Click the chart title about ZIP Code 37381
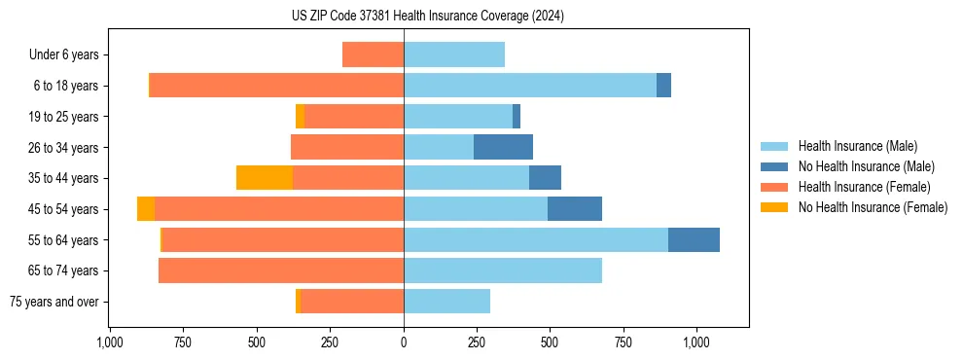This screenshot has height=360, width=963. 427,16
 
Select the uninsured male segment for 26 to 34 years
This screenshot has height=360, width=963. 503,147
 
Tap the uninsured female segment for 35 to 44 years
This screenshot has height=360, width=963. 265,178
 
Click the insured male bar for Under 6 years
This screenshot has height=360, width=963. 454,54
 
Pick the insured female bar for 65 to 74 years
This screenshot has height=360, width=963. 281,270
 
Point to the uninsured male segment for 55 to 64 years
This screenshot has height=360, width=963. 694,239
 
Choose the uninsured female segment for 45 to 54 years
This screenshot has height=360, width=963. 146,209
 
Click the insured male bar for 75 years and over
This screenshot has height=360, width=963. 446,302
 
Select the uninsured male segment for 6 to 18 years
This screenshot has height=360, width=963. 663,86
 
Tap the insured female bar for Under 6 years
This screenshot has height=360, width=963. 373,54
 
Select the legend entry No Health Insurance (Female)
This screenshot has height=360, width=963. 873,207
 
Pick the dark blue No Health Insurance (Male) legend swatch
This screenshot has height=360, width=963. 775,166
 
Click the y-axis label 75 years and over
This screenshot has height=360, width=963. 54,302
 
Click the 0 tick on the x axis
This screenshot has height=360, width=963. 404,342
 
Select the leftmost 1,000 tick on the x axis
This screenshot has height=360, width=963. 110,342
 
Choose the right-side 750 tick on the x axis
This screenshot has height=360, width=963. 624,342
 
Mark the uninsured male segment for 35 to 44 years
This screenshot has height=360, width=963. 545,178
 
